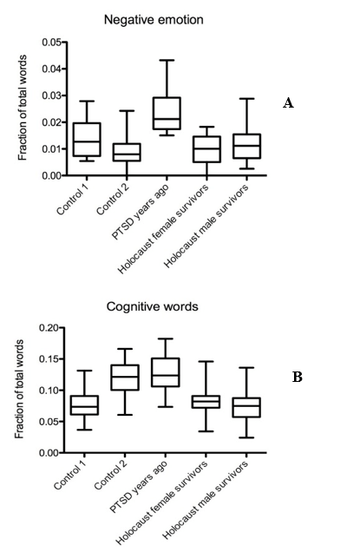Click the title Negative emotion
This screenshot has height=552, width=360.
click(x=154, y=20)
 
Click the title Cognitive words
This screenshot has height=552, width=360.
click(x=152, y=306)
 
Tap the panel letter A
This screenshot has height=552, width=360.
click(x=288, y=103)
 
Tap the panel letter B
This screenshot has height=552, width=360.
click(x=297, y=377)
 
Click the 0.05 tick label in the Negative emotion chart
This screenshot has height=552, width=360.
click(x=52, y=43)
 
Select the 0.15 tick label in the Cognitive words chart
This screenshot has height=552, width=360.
click(x=49, y=359)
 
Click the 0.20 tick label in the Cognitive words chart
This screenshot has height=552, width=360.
click(x=49, y=328)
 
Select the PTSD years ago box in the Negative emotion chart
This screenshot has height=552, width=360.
click(x=167, y=114)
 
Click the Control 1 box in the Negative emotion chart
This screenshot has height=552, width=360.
click(x=87, y=140)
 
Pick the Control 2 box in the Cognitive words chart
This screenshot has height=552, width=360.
click(x=125, y=378)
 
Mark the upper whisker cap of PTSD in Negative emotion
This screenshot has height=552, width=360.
click(x=167, y=60)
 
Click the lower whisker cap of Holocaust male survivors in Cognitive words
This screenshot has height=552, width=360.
click(x=246, y=437)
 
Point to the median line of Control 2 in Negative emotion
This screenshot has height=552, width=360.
click(x=127, y=154)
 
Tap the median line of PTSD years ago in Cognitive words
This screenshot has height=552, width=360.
click(x=166, y=375)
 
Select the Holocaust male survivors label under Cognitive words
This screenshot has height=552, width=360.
click(x=206, y=500)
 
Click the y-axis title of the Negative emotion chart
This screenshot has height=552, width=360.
click(x=23, y=108)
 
